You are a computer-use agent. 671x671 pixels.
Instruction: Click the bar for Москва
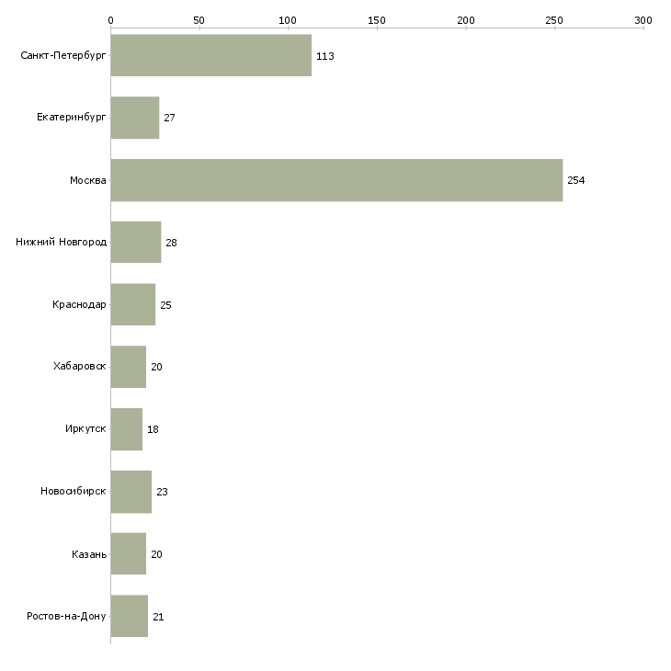tap(336, 180)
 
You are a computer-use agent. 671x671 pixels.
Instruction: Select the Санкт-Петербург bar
tap(211, 55)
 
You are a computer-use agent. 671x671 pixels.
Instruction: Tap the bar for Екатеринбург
tap(135, 118)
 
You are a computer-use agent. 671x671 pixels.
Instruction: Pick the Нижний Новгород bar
tap(136, 243)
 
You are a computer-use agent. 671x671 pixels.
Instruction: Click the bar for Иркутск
tap(127, 429)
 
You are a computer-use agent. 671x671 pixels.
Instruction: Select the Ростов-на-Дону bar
tap(130, 616)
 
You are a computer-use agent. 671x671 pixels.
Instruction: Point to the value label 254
tap(576, 180)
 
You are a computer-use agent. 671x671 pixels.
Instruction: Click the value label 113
tap(325, 56)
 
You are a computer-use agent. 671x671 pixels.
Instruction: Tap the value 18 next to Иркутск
tap(153, 429)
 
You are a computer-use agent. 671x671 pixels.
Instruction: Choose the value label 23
tap(162, 492)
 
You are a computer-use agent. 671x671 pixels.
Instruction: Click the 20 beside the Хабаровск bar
tap(156, 367)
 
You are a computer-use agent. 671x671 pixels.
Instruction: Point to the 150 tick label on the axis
tap(377, 20)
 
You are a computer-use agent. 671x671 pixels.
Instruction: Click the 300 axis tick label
tap(643, 20)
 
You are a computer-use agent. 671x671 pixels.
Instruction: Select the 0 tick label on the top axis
tap(111, 20)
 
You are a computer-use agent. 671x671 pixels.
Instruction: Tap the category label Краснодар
tap(79, 304)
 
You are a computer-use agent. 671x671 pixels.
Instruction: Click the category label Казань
tap(89, 554)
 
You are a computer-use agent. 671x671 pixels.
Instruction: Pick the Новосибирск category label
tap(74, 491)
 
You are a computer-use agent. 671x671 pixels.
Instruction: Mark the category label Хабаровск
tap(80, 367)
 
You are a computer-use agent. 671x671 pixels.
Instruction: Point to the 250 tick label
tap(554, 20)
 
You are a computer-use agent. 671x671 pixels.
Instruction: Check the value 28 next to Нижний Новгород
tap(171, 243)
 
